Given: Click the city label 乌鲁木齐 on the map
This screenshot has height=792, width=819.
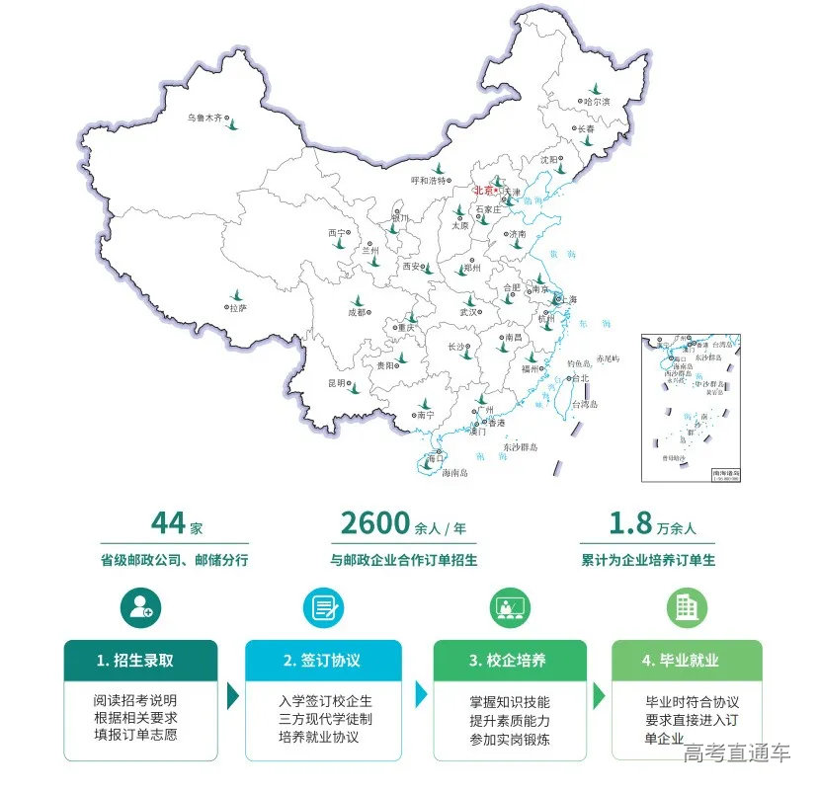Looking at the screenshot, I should (205, 119).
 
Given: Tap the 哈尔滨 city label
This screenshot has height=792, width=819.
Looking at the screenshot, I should (597, 101).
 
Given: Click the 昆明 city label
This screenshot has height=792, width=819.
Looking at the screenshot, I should (337, 382).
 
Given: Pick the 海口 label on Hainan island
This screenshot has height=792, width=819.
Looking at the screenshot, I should (435, 459).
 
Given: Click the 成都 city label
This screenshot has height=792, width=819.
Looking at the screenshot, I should (357, 312).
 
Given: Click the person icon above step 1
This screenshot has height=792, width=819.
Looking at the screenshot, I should (140, 607).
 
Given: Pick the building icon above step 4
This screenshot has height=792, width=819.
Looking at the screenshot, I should (686, 607).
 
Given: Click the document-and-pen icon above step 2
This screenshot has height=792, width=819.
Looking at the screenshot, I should (323, 607).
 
